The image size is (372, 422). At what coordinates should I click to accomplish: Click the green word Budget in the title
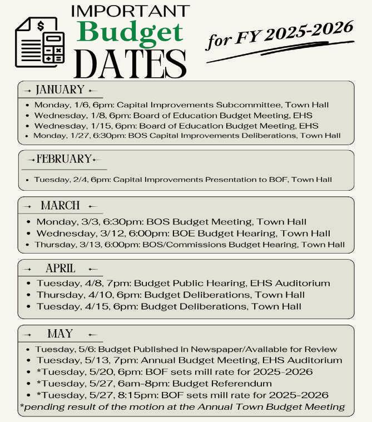(x=131, y=33)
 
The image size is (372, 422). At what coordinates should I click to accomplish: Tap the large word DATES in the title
(x=130, y=63)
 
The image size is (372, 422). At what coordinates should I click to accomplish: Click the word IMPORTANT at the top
(x=131, y=11)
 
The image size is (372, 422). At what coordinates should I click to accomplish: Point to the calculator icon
(x=54, y=47)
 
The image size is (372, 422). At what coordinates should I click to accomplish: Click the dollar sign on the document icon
(x=41, y=26)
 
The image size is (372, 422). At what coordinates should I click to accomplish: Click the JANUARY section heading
(x=59, y=90)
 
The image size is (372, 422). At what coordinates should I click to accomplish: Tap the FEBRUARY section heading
(x=63, y=160)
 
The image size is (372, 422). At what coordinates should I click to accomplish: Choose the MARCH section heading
(x=60, y=206)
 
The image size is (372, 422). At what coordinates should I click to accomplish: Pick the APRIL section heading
(x=60, y=269)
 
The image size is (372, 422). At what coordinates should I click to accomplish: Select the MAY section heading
(x=60, y=334)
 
